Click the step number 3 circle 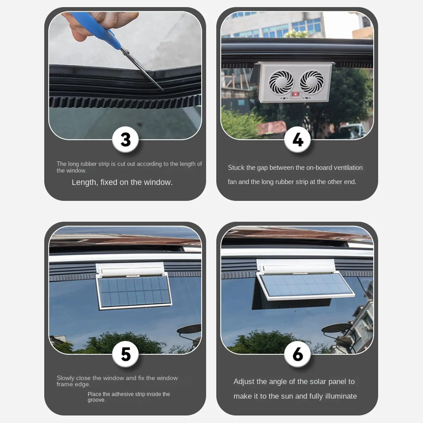pyautogui.click(x=125, y=140)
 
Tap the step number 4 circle pyautogui.click(x=298, y=140)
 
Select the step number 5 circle pyautogui.click(x=125, y=354)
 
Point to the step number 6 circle pyautogui.click(x=298, y=354)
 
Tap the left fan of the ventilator pyautogui.click(x=281, y=82)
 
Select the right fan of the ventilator pyautogui.click(x=312, y=82)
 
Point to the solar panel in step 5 pyautogui.click(x=134, y=291)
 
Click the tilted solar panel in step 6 pyautogui.click(x=305, y=287)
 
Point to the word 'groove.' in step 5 pyautogui.click(x=97, y=400)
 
